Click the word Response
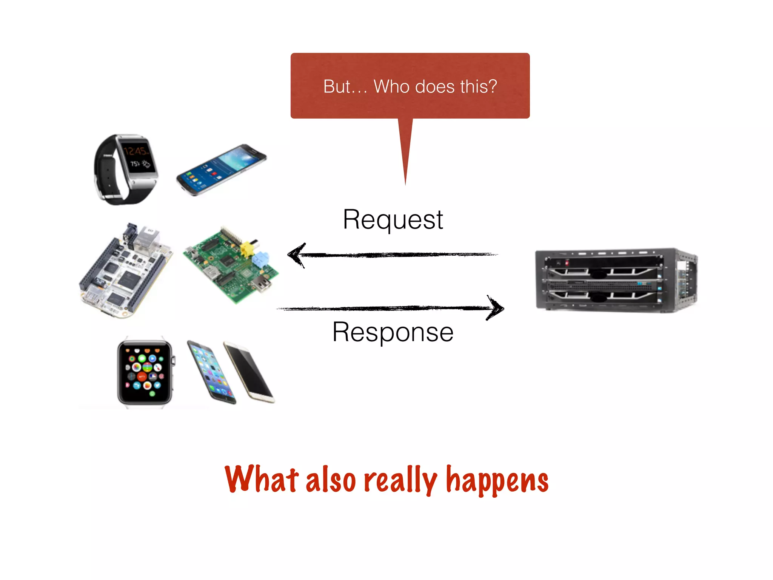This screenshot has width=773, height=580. click(x=393, y=332)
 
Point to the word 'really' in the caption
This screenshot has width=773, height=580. click(x=400, y=480)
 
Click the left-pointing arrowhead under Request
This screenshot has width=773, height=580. click(x=297, y=255)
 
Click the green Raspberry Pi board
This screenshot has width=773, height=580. click(x=231, y=265)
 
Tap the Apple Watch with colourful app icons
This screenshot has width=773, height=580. click(x=145, y=372)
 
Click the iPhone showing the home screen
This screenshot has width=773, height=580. click(x=211, y=372)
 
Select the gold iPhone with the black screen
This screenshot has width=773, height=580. click(x=249, y=372)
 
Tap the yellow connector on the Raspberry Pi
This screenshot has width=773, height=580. click(x=247, y=249)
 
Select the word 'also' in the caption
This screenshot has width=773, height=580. click(x=331, y=480)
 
